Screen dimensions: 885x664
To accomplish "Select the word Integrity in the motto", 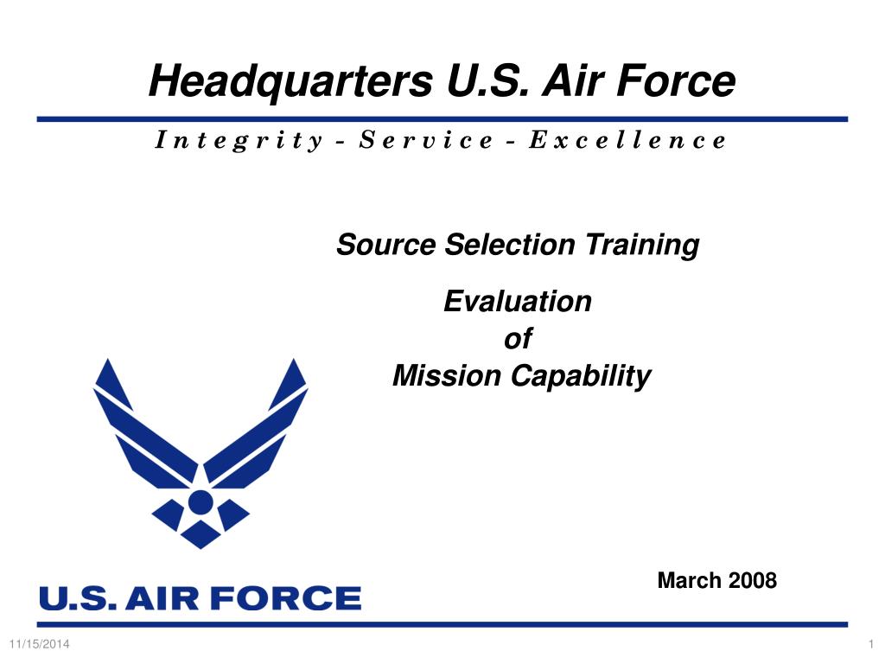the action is point(239,140).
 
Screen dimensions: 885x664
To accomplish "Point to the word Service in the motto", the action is point(426,139).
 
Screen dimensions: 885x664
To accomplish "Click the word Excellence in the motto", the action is point(627,139).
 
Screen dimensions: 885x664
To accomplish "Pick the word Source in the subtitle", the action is point(385,245).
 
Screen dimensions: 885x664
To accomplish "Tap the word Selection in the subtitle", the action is point(510,245).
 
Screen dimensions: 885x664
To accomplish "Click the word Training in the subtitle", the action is point(642,246).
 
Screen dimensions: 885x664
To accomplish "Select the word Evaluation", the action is point(518,301).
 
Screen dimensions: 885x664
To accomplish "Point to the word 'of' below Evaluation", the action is point(518,338).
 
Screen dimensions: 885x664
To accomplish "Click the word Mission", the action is point(447,375).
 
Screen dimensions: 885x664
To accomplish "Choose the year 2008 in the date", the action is point(753,580).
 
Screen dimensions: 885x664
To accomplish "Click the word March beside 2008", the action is point(690,580).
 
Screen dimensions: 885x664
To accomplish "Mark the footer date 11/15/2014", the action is point(40,644).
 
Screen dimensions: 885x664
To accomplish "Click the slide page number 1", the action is point(871,644).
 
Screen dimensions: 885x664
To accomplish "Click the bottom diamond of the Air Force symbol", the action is point(201,534).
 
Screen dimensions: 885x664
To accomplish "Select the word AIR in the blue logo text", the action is point(162,598).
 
